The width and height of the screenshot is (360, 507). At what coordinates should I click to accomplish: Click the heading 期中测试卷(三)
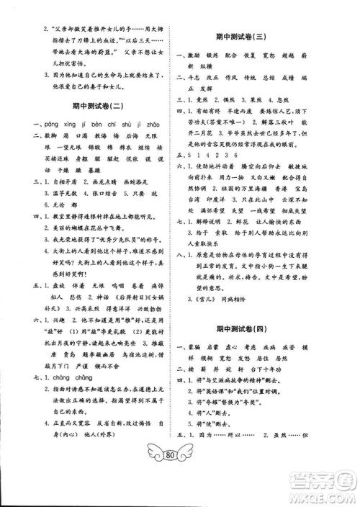pos(260,35)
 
